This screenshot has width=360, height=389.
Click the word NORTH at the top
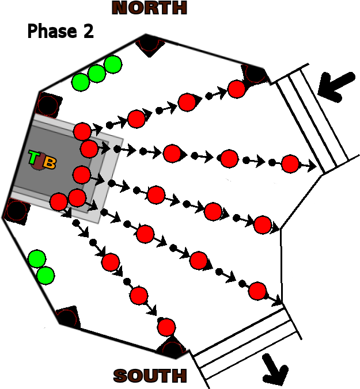(x=149, y=8)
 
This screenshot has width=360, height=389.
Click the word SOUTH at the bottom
(x=150, y=376)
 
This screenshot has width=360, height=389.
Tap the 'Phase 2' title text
(x=60, y=31)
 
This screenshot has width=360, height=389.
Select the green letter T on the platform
(x=34, y=158)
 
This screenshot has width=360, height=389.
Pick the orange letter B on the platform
(x=50, y=163)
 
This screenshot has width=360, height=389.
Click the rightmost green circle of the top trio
(x=113, y=64)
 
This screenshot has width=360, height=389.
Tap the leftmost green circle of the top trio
(x=80, y=82)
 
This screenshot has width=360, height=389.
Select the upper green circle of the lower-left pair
(x=37, y=259)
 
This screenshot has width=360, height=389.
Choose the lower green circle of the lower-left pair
(x=46, y=276)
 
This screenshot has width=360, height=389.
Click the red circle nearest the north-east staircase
(x=237, y=89)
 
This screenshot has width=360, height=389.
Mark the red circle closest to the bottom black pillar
(x=166, y=327)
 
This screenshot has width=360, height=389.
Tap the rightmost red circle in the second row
(x=290, y=164)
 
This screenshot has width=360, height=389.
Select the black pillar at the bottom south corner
(x=172, y=349)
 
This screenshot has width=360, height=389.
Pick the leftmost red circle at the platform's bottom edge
(x=58, y=201)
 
